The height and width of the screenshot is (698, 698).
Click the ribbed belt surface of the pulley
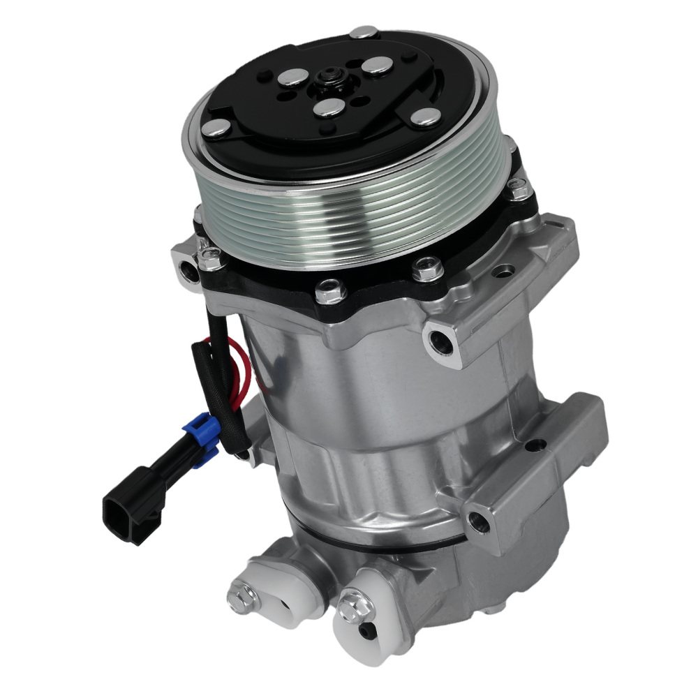(349, 216)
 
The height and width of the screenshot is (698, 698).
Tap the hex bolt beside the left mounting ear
(209, 258)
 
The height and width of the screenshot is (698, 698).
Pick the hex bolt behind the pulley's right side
(517, 187)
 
